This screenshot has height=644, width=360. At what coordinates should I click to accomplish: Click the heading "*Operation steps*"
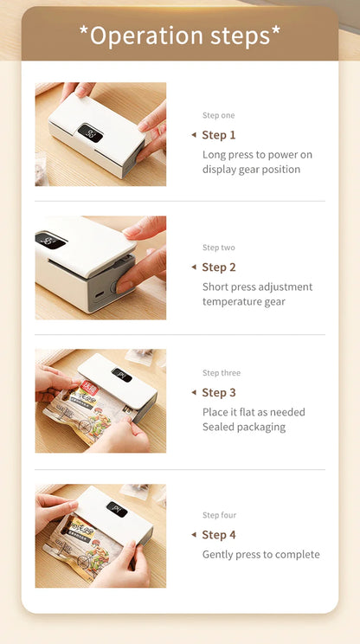[180, 35]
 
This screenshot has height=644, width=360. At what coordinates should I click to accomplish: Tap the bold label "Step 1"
[219, 135]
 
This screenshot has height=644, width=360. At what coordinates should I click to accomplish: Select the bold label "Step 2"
[219, 267]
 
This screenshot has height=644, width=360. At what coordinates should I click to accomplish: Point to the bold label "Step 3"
[219, 393]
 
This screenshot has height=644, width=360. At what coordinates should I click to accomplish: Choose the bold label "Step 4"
[219, 535]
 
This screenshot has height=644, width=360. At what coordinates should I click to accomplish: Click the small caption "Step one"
[218, 115]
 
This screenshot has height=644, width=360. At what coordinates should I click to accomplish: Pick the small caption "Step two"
[218, 248]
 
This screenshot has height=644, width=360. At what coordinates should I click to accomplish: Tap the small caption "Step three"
[222, 373]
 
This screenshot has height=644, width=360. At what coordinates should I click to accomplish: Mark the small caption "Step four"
[219, 515]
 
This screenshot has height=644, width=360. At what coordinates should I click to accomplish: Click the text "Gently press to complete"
[261, 555]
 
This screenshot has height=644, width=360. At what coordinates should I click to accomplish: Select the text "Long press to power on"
[258, 155]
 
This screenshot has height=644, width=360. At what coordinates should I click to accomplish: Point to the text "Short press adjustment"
[258, 287]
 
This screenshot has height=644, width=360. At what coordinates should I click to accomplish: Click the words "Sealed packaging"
[244, 427]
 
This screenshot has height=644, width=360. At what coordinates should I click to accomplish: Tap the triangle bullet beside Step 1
[193, 135]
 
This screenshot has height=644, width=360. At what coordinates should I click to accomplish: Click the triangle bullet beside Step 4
[193, 535]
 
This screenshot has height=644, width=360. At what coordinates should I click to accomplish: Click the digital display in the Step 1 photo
[90, 132]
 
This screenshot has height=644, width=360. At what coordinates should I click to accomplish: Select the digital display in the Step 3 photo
[122, 375]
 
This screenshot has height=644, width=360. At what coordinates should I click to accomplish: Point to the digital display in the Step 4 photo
[117, 510]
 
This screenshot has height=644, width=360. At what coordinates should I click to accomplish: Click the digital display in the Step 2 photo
[51, 241]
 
